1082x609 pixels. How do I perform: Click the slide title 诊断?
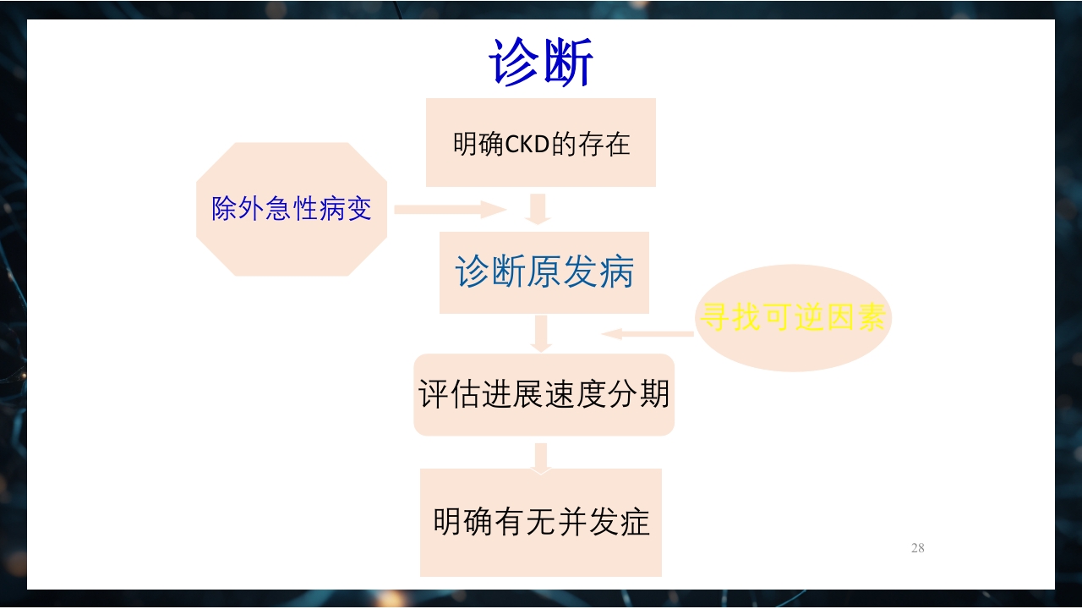coord(541,63)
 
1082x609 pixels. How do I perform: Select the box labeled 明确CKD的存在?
coord(541,142)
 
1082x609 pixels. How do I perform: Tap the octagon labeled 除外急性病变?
coord(292,209)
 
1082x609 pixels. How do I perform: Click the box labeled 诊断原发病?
coord(544,272)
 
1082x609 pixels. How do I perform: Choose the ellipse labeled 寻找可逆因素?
coord(793,318)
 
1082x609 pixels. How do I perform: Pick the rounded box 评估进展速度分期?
coord(544,394)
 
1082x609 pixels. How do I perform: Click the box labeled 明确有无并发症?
coord(541,522)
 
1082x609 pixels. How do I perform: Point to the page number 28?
coord(917,548)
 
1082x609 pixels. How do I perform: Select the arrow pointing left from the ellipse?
coord(648,334)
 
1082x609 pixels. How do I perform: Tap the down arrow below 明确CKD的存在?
coord(538,209)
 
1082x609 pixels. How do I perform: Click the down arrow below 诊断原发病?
coord(541,334)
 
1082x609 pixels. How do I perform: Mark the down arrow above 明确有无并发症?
coord(541,458)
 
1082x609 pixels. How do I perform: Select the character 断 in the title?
coord(568,63)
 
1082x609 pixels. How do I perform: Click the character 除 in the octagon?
coord(225,209)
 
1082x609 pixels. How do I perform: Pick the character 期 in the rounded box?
coord(654,394)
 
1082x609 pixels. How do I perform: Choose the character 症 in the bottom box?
coord(635,522)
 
